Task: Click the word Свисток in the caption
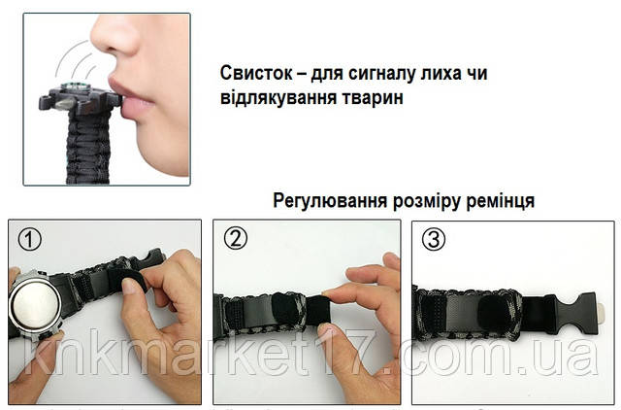coord(256,74)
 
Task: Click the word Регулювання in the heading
coord(330,201)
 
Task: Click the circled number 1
coord(29,240)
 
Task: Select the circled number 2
coord(235,239)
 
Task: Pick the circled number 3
coord(434,239)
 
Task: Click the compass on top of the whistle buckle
coord(72,86)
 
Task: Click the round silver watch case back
coord(34,306)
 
